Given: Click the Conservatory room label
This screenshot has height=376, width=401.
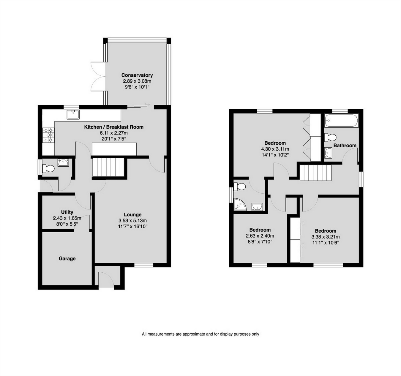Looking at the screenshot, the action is [x=137, y=75].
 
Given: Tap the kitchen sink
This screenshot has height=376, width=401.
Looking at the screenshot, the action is [x=73, y=115].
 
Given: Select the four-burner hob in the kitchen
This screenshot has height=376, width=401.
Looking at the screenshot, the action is [x=48, y=135].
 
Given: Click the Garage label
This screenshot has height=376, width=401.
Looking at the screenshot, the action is [x=67, y=258].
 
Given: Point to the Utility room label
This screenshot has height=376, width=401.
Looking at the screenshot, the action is [x=67, y=212].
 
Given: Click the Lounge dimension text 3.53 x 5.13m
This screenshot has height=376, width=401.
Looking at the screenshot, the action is [x=132, y=220].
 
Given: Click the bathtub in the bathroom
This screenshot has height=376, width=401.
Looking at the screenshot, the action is [x=341, y=121].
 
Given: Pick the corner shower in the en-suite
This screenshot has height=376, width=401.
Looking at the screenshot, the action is [x=240, y=204].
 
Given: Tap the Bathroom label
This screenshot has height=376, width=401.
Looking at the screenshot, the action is [x=345, y=146].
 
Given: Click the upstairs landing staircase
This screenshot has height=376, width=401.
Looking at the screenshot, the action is [x=315, y=173].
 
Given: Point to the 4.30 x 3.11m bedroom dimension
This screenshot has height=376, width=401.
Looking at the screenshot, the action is [x=275, y=149].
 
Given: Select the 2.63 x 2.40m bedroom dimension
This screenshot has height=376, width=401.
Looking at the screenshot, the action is [x=260, y=236].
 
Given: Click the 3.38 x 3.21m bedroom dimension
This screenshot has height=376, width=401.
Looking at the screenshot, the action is [x=326, y=237].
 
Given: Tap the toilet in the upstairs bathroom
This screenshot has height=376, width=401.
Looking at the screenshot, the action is [x=330, y=138].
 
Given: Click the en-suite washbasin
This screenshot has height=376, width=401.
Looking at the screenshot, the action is [x=257, y=207].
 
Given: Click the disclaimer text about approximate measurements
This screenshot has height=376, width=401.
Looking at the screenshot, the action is [x=200, y=334].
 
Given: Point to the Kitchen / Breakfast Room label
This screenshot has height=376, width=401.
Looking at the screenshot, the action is [x=114, y=127].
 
